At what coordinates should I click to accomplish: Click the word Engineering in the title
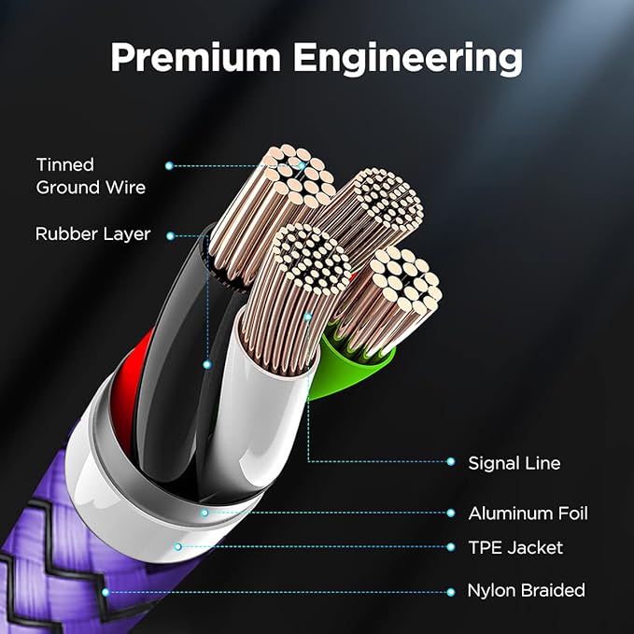407,59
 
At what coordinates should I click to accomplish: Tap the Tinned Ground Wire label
91,176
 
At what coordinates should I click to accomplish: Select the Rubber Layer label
93,234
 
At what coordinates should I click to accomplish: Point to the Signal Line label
514,463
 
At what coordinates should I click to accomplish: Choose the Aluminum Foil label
528,514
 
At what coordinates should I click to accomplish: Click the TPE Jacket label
515,547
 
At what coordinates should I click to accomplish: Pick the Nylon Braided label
526,590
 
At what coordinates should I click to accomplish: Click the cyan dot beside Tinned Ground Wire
169,165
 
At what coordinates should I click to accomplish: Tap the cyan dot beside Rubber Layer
170,236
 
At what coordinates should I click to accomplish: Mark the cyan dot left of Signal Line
451,462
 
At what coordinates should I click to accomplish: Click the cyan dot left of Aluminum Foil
451,514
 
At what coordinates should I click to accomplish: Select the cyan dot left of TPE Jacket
451,547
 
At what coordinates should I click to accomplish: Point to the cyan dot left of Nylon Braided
451,592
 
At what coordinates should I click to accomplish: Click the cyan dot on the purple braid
106,592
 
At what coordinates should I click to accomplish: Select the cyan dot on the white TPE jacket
178,547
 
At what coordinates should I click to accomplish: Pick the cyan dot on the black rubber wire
207,365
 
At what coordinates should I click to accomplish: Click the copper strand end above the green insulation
405,280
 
